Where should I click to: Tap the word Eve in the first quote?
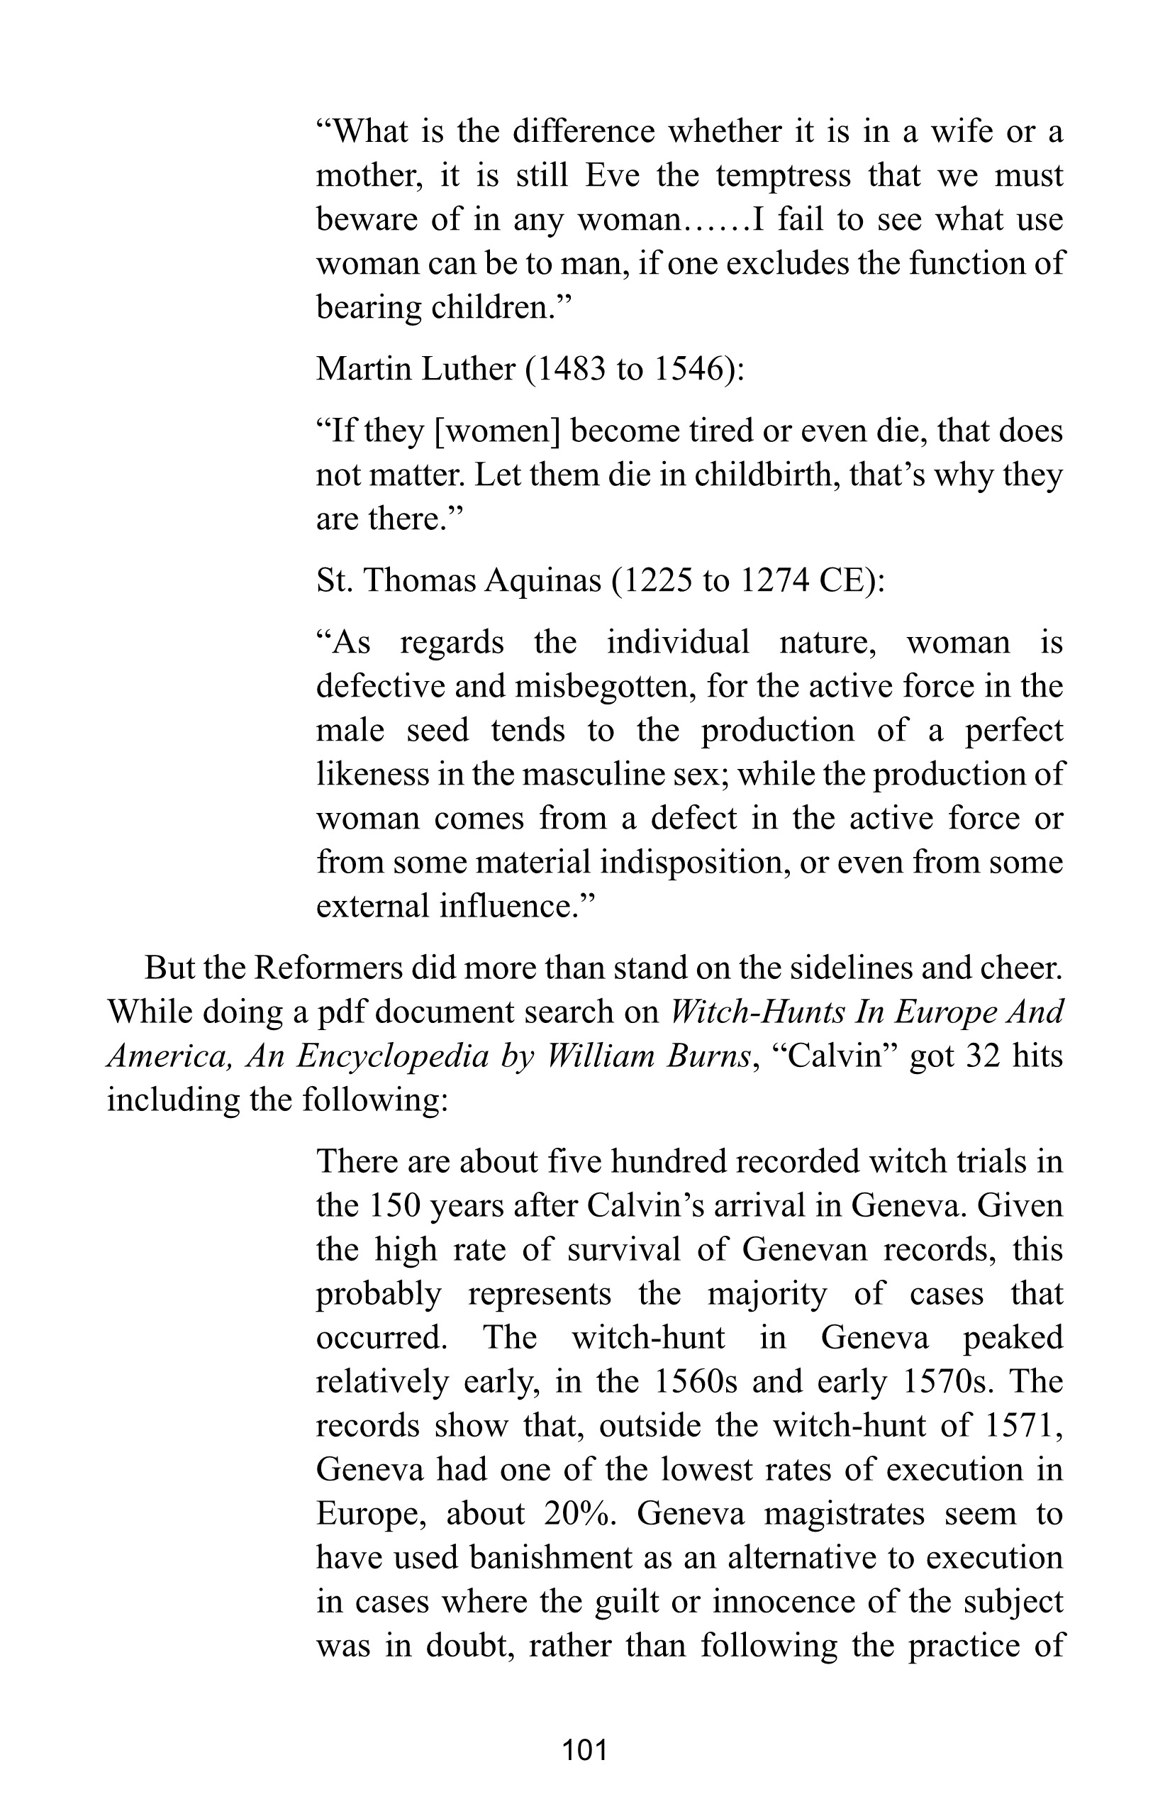point(611,177)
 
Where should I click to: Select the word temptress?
point(784,177)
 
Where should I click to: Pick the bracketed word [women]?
point(497,432)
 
